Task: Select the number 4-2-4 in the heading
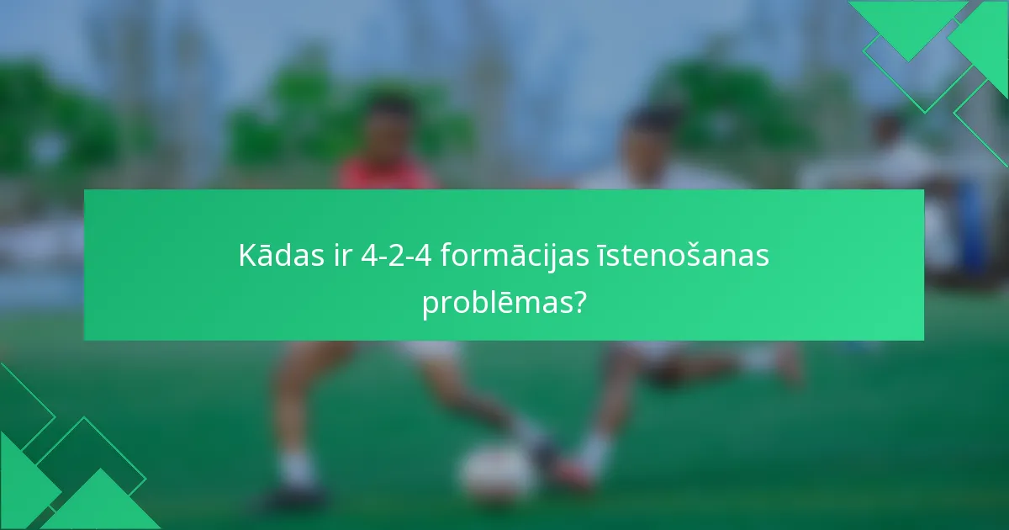click(395, 256)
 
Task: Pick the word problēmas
click(490, 303)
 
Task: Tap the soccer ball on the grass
click(498, 473)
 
